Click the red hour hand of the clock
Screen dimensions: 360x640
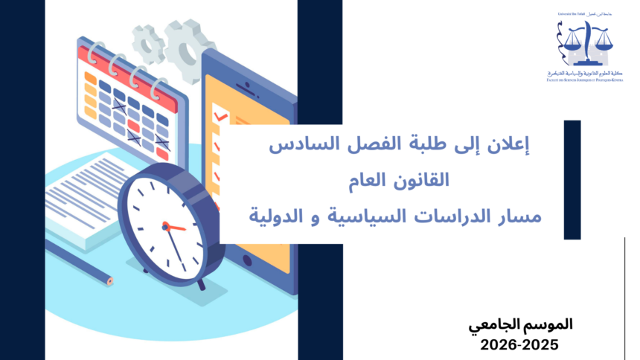(176, 226)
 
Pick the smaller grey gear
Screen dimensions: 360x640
(149, 43)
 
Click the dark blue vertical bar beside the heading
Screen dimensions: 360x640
(572, 179)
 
